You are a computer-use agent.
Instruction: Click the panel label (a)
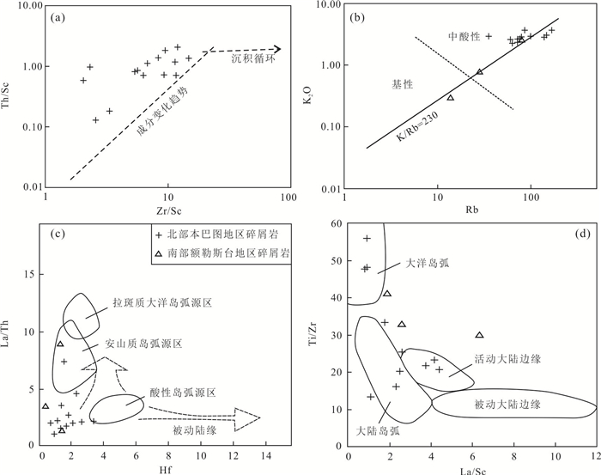point(58,18)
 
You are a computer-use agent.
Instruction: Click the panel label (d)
point(583,234)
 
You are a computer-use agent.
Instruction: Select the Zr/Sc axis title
point(167,210)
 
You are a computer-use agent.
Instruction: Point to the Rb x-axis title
point(472,210)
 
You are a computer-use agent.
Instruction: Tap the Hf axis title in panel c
point(165,469)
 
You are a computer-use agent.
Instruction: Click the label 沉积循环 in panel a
point(253,58)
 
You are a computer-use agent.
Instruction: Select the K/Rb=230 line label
point(417,127)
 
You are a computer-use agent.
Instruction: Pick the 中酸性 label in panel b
point(464,37)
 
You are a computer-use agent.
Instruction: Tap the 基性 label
point(403,85)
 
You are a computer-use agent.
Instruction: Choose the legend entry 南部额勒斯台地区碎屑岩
point(222,253)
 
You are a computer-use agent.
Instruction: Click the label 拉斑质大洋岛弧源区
point(162,303)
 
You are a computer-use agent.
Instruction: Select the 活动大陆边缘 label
point(508,359)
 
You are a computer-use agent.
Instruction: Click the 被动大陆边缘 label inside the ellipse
point(507,405)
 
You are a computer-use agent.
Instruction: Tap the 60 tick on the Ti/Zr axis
point(336,223)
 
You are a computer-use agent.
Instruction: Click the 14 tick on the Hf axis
point(265,456)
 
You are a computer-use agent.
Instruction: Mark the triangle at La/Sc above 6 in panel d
point(479,335)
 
